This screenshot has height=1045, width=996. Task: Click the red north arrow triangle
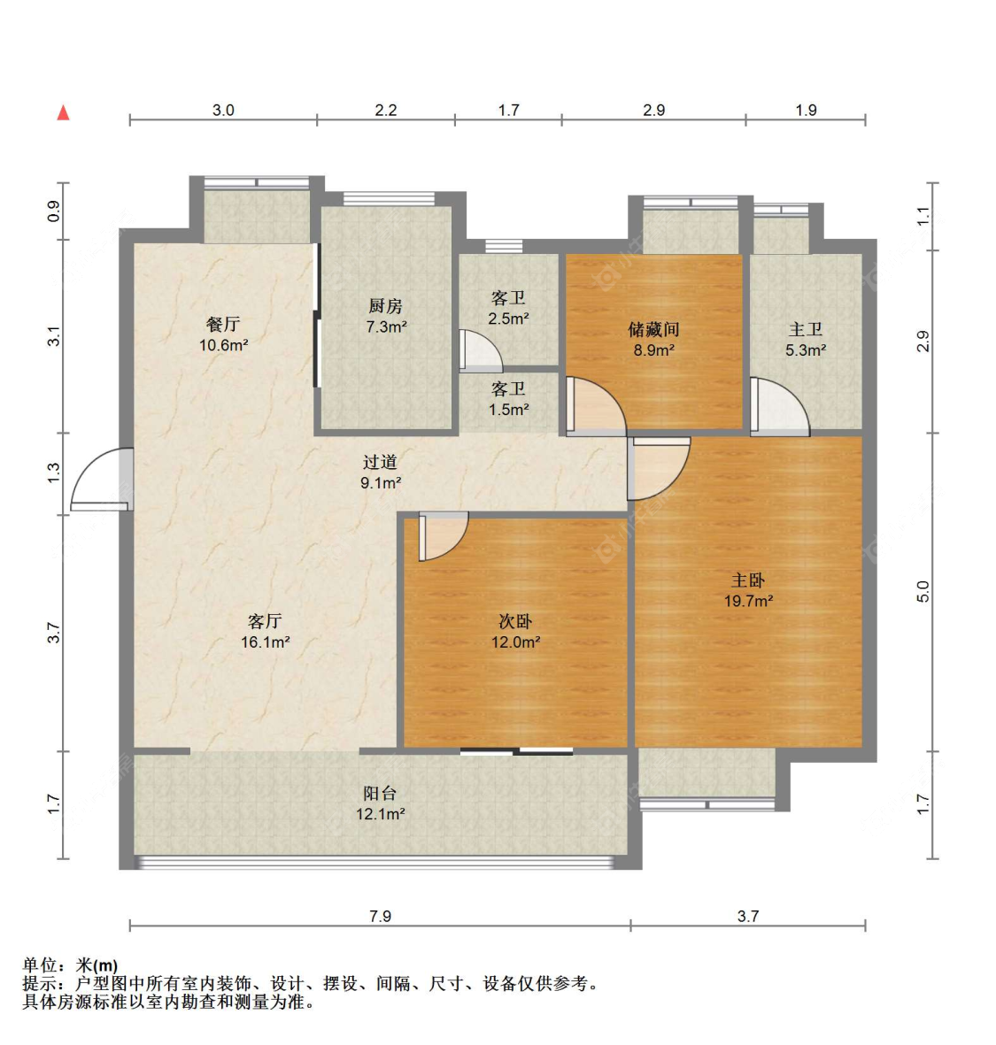64,112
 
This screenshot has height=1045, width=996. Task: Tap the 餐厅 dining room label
223,325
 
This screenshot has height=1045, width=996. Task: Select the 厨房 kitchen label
385,306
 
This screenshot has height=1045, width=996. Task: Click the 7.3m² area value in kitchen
386,327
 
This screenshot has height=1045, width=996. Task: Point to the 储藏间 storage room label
653,329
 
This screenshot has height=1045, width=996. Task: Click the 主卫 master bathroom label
806,329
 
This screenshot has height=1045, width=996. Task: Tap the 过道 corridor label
380,461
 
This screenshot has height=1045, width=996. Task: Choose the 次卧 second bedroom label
515,621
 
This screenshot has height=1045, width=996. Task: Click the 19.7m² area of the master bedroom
749,601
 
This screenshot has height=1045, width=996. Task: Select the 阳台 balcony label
380,793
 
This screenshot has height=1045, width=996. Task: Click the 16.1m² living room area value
266,642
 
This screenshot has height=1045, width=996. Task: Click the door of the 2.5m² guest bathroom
481,351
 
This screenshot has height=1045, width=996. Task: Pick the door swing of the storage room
596,406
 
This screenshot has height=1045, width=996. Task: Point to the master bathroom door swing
780,406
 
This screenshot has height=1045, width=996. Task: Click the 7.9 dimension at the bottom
380,917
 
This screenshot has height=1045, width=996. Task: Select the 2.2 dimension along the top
385,110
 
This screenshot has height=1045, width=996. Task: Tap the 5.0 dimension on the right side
923,592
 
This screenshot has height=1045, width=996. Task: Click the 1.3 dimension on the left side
54,473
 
